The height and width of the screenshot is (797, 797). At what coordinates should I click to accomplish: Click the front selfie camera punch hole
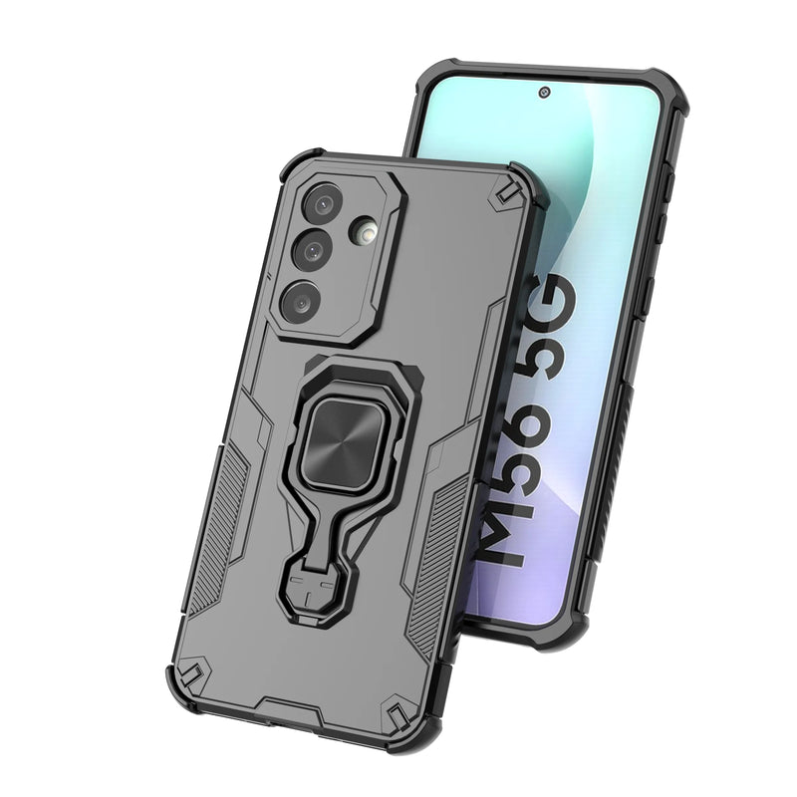pyautogui.click(x=545, y=92)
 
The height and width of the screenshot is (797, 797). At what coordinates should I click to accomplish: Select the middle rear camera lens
pyautogui.click(x=312, y=250)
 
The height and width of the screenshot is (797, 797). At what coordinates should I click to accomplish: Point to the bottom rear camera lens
pyautogui.click(x=302, y=303)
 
